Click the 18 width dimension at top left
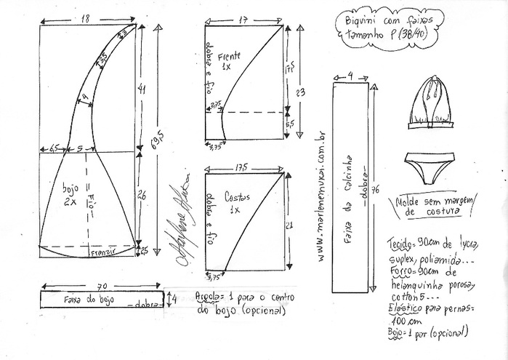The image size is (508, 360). click(x=84, y=17)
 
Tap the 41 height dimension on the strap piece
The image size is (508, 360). click(x=142, y=89)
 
